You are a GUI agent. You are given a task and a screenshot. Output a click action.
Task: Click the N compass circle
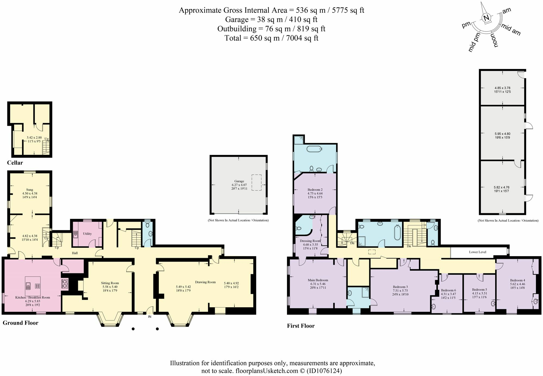(486, 18)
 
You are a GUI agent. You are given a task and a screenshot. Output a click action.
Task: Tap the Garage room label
(239, 181)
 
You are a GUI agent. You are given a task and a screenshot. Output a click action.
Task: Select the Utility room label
(87, 234)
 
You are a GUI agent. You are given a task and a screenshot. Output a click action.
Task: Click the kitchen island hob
(37, 286)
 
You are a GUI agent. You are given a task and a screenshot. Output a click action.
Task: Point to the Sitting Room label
(110, 283)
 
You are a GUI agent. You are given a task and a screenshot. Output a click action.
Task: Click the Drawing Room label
(205, 282)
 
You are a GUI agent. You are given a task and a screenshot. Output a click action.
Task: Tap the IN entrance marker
(149, 317)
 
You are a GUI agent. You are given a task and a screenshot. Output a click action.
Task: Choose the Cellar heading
(15, 163)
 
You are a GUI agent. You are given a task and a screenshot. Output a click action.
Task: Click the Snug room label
(30, 190)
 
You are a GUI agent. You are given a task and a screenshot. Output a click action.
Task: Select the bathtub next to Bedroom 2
(314, 149)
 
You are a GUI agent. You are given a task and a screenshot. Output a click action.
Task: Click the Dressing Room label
(310, 241)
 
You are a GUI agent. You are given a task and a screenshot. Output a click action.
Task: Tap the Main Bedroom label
(318, 280)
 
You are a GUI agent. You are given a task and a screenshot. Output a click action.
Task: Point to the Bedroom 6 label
(448, 290)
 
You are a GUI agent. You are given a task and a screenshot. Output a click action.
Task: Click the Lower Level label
(478, 252)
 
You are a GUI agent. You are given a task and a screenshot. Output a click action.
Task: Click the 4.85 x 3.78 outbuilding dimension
(502, 88)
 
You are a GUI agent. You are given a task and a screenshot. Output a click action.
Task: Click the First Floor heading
(301, 326)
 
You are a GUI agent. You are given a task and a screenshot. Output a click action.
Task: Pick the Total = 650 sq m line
(271, 38)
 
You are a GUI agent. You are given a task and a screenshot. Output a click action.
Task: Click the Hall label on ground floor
(75, 253)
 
